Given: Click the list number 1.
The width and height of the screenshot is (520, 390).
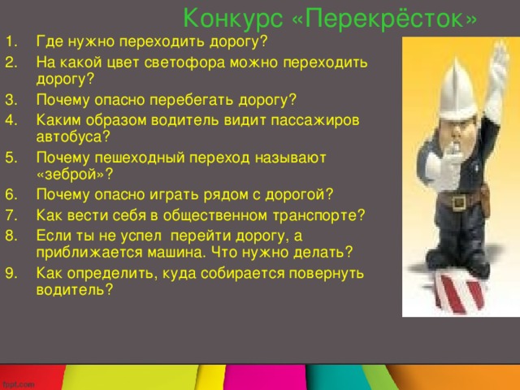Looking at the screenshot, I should point(10,41).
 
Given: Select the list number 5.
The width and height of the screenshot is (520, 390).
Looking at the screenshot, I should point(10,155).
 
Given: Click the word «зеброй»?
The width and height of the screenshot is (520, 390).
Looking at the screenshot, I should point(74,174).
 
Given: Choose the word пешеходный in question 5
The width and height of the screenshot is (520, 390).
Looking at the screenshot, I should point(129,155).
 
